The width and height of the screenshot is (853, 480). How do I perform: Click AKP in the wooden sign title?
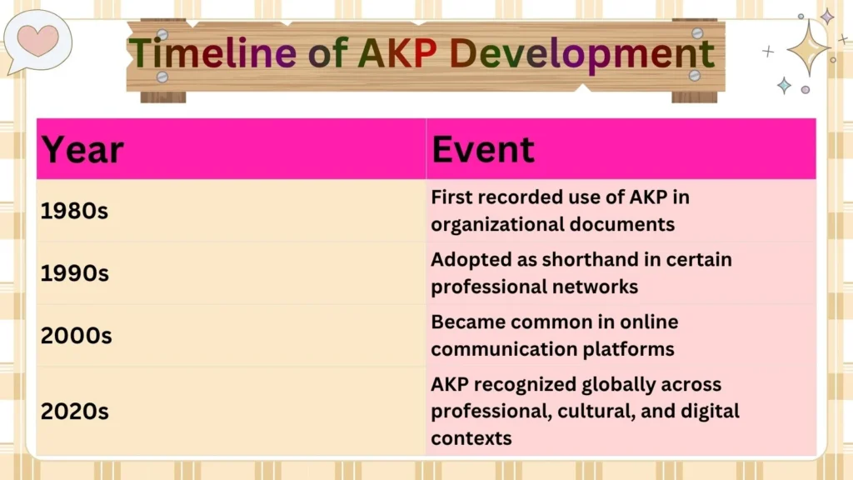tap(397, 54)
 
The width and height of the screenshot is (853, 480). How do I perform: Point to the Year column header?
tap(82, 150)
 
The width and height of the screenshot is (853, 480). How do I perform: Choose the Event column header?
tap(482, 150)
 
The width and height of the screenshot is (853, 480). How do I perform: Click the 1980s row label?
tap(74, 212)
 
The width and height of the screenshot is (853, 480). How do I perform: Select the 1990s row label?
tap(74, 273)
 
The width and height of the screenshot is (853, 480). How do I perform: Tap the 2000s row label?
tap(76, 336)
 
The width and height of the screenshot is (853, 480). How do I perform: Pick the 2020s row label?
tap(76, 412)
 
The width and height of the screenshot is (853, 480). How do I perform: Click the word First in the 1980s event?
tap(452, 198)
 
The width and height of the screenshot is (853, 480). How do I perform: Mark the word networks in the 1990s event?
tap(595, 287)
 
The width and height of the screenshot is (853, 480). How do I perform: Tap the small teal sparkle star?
tap(784, 84)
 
